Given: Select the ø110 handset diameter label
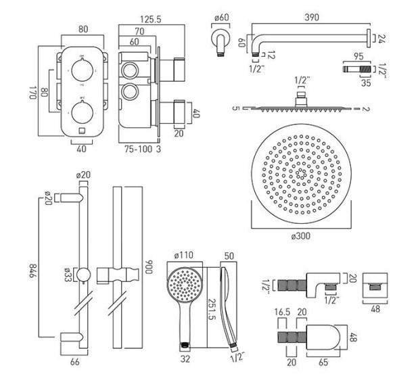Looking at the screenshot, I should pyautogui.click(x=184, y=256).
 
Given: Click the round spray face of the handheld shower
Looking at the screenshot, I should pyautogui.click(x=183, y=279).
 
